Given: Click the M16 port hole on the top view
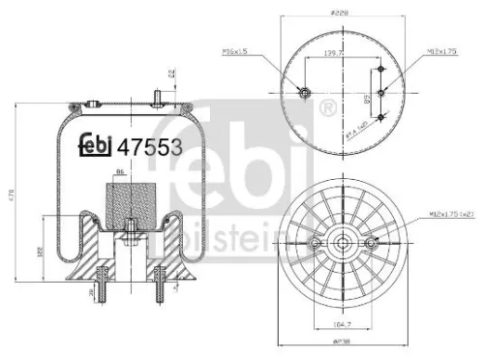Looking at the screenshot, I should (x=303, y=92).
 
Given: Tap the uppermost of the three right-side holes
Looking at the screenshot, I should (x=382, y=70).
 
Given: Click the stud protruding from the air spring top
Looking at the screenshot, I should (x=156, y=95).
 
